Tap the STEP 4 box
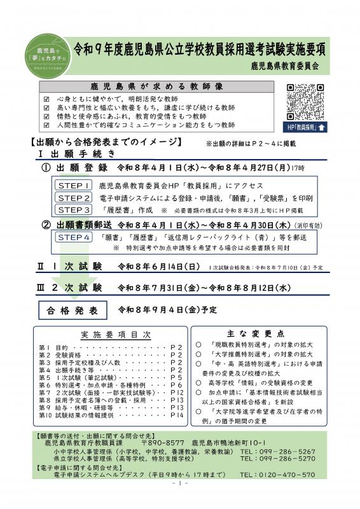[x=74, y=237]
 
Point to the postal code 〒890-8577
[x=162, y=442]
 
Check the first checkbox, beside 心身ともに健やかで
[x=45, y=99]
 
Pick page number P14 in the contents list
[x=176, y=414]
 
